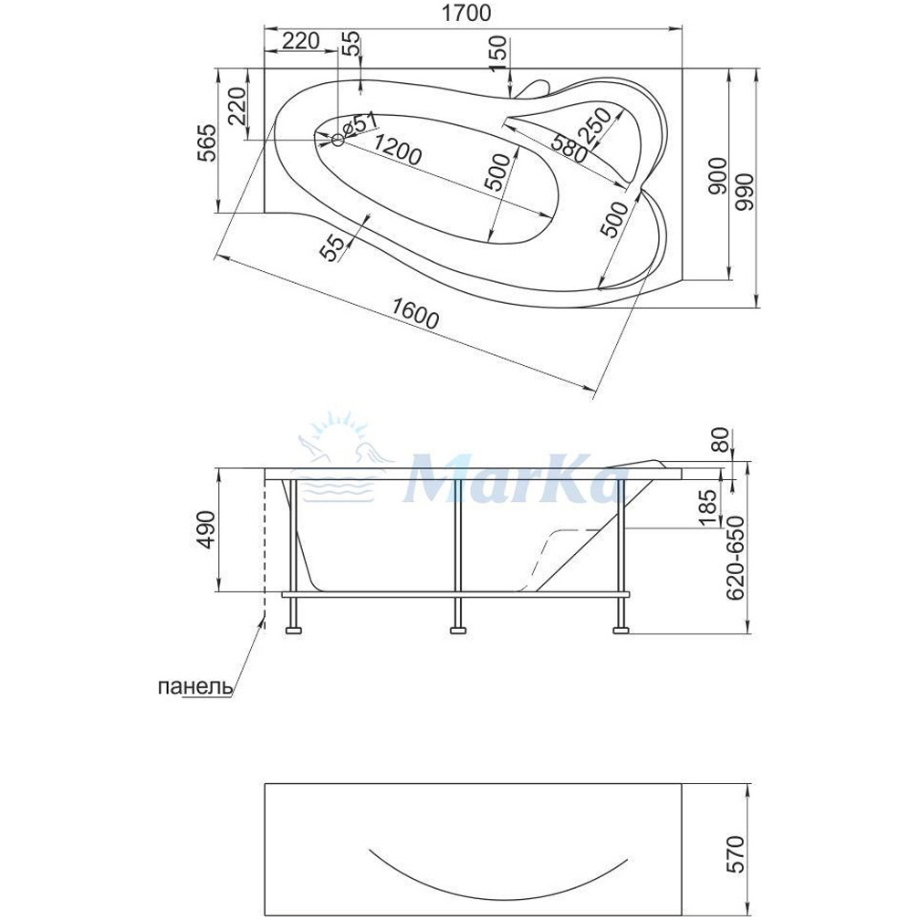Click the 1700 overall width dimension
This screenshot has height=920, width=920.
465,13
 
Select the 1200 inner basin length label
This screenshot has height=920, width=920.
396,149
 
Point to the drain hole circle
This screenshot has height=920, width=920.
338,140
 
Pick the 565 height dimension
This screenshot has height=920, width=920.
206,143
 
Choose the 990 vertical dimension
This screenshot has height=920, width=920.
747,193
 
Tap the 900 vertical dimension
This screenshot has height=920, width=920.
718,177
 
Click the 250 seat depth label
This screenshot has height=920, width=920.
598,124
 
